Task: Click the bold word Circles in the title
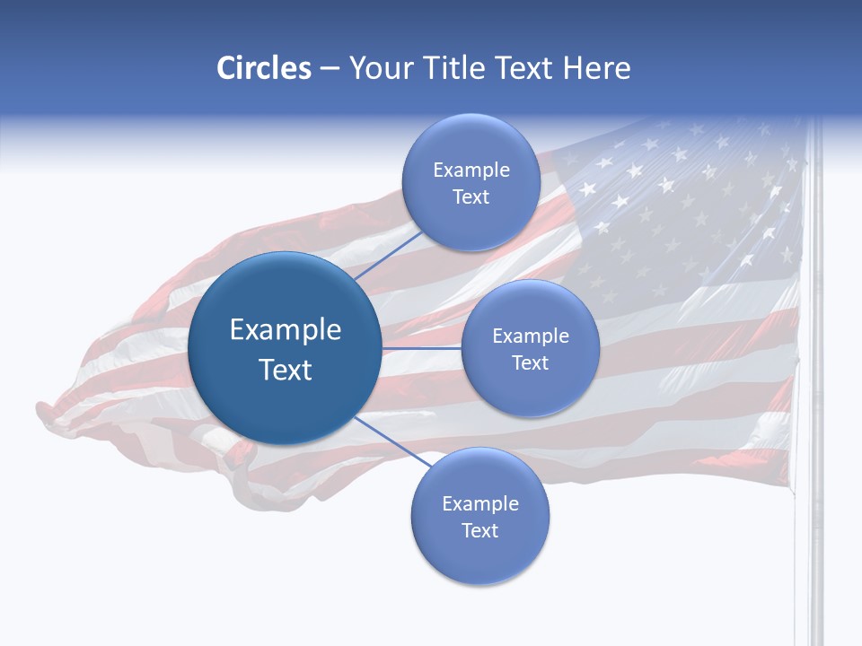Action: pyautogui.click(x=264, y=68)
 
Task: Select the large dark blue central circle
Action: pyautogui.click(x=285, y=348)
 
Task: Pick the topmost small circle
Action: pyautogui.click(x=471, y=182)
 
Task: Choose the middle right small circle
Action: pyautogui.click(x=530, y=348)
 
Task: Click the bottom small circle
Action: pyautogui.click(x=479, y=516)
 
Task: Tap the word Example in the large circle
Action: pyautogui.click(x=286, y=330)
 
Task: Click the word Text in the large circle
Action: pyautogui.click(x=286, y=370)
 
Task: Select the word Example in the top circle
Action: pyautogui.click(x=471, y=170)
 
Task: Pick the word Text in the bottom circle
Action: pyautogui.click(x=479, y=530)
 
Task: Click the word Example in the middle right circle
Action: pyautogui.click(x=531, y=336)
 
